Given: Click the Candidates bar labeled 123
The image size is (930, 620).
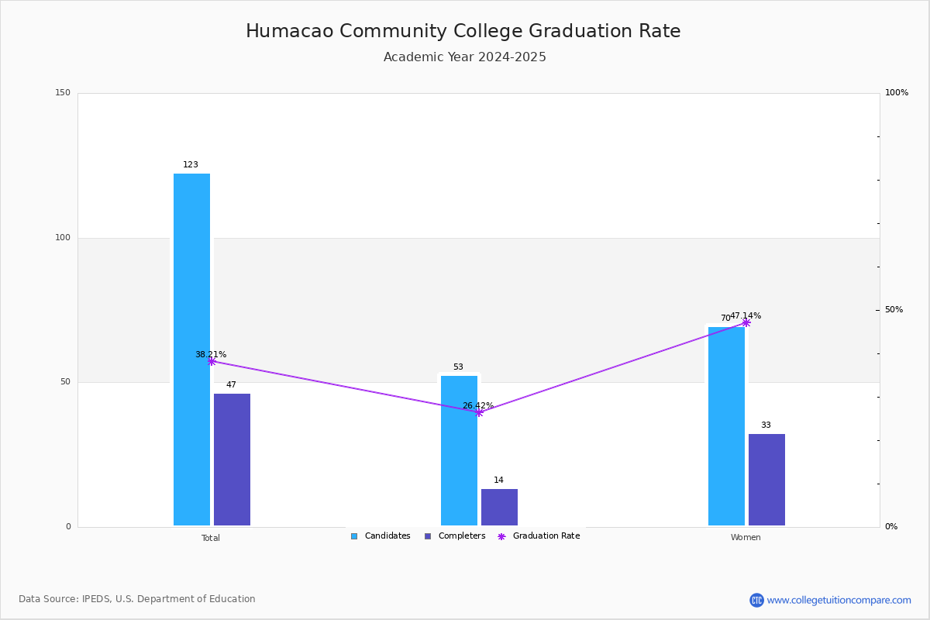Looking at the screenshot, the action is tap(192, 350).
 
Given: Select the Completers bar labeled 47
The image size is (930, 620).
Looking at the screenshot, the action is tap(232, 460).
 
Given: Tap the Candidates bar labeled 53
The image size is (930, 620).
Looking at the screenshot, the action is tap(459, 450).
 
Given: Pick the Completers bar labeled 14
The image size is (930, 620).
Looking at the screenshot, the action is tap(499, 507).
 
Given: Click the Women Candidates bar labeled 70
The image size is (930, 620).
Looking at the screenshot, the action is tap(727, 426).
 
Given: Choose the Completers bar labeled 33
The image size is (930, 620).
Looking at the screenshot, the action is tap(766, 480).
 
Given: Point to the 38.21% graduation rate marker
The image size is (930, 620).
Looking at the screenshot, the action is tap(212, 362).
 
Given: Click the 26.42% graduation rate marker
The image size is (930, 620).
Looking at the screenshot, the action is tap(479, 413).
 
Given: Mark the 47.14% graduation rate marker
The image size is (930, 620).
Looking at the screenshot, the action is tap(746, 322).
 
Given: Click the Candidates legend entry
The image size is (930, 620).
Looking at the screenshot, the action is tap(381, 536).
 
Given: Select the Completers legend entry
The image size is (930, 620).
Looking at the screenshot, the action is tap(455, 536).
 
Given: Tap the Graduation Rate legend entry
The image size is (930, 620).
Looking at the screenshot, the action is tap(539, 536).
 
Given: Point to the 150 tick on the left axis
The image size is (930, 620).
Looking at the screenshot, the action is tap(63, 92).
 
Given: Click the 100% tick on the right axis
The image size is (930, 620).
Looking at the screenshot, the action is tap(897, 92).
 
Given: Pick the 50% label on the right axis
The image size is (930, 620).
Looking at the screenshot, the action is tap(894, 310).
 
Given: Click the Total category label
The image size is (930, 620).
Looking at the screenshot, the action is tap(211, 538).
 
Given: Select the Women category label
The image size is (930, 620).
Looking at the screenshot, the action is tap(746, 537).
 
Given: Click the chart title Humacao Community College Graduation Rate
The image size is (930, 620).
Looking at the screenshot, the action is tap(463, 31).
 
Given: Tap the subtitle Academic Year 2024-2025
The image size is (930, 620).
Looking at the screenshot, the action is tap(464, 57).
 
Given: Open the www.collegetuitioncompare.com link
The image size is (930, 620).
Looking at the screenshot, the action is tap(839, 601).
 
